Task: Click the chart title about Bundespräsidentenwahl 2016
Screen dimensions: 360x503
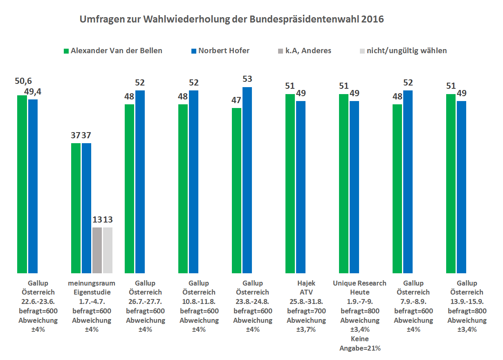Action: [231, 19]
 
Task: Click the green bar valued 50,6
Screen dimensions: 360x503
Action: [22, 184]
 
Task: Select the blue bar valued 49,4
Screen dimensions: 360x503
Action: [33, 186]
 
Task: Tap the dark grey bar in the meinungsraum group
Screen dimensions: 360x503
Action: [97, 250]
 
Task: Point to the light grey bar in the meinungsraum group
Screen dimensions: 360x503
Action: [108, 250]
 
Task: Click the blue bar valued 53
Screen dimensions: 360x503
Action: [247, 180]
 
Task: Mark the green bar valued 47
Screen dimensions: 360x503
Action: [237, 190]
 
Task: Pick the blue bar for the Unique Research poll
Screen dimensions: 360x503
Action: [355, 187]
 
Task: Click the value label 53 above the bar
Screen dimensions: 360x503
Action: [247, 79]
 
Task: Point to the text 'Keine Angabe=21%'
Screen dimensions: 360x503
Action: [359, 344]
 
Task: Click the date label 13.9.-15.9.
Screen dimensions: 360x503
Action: [467, 302]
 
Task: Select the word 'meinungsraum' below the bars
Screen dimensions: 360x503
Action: [92, 283]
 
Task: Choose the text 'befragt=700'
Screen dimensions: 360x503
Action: [306, 311]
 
